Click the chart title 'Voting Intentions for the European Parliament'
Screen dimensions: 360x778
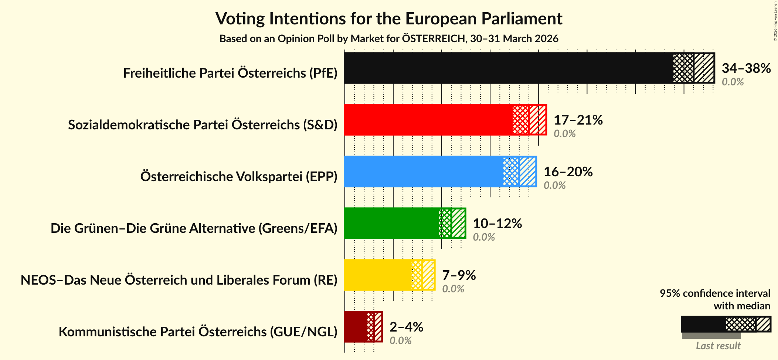coord(389,18)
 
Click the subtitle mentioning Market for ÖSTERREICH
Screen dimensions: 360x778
coord(389,39)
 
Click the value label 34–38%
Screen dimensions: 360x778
coord(746,68)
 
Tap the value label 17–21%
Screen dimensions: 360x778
coord(578,120)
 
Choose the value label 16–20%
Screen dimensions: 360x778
coord(568,172)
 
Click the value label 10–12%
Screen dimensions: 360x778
coord(497,224)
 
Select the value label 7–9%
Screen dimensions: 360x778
coord(459,275)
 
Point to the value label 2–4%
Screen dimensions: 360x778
coord(406,327)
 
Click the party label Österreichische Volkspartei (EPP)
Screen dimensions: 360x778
coord(239,177)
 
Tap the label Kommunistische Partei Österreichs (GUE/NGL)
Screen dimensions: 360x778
coord(198,332)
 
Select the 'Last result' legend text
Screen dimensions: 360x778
coord(718,346)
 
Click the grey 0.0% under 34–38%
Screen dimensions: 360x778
coord(733,82)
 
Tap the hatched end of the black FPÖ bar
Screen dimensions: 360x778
coord(704,68)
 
